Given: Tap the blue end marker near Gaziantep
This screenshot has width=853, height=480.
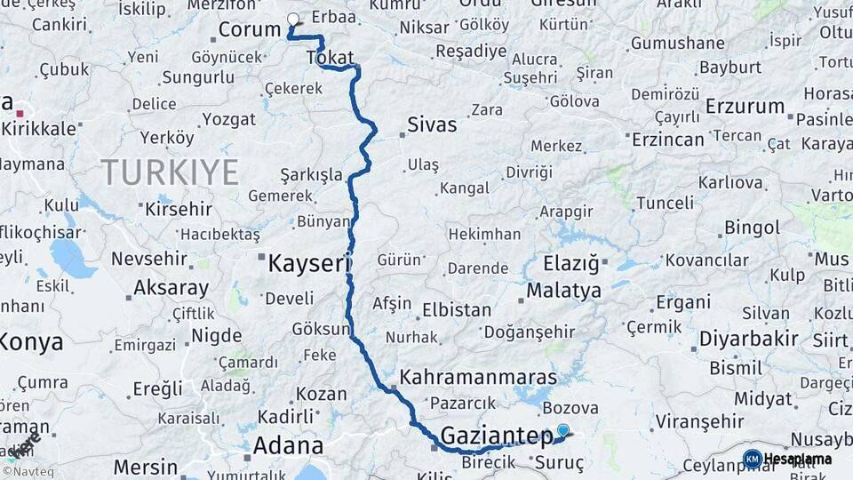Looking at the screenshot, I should coord(562,431).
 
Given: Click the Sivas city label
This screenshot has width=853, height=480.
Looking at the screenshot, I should coord(432,124).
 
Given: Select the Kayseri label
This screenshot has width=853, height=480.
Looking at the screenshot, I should coord(310,263).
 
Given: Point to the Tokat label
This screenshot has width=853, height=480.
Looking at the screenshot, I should coord(330,58).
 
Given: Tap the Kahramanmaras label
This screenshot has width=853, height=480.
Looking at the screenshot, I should coord(477,377).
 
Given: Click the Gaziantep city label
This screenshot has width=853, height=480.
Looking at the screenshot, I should coord(497,436).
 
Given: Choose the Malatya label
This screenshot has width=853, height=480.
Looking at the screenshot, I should coord(563,291).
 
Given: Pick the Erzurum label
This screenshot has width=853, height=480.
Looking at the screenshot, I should coord(745,107).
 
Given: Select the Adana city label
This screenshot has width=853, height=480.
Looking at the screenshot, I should coord(287,445).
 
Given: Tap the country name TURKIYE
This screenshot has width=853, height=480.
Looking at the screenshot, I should coord(169,172).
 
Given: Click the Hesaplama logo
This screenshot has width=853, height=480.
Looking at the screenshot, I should coord(788,459).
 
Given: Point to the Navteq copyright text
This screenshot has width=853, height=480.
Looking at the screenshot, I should coord(26,471).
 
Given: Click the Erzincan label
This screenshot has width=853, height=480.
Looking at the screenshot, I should coord(667,140).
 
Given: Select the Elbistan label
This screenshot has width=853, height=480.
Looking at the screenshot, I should coord(457,310).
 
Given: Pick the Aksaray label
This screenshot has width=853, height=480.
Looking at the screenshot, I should coord(171,288).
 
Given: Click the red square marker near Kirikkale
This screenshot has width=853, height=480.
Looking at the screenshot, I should coord(20,113).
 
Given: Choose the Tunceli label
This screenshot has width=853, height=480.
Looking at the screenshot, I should coord(664,204).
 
